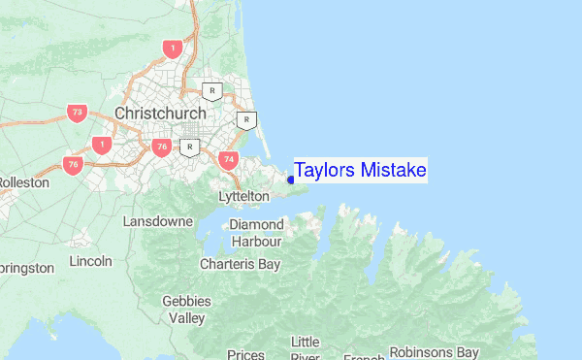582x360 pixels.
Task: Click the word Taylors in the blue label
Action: [325, 171]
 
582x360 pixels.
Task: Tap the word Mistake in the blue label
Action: [393, 171]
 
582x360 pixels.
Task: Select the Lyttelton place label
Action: [244, 196]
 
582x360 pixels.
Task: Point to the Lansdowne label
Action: [158, 221]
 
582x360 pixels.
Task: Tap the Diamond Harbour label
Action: [256, 233]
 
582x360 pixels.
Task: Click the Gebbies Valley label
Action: [186, 310]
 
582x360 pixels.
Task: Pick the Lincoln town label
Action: [91, 261]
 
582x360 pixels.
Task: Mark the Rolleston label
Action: [17, 182]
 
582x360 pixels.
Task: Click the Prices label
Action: [245, 354]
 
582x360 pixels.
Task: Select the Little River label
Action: [305, 348]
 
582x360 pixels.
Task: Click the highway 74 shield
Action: [229, 159]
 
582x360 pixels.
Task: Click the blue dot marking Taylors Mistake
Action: [291, 180]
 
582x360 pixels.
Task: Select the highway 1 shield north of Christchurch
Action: [173, 48]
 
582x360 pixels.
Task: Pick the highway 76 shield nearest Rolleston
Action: [73, 165]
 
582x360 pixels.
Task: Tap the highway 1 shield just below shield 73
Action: [101, 145]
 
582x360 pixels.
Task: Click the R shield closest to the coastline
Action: [247, 121]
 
